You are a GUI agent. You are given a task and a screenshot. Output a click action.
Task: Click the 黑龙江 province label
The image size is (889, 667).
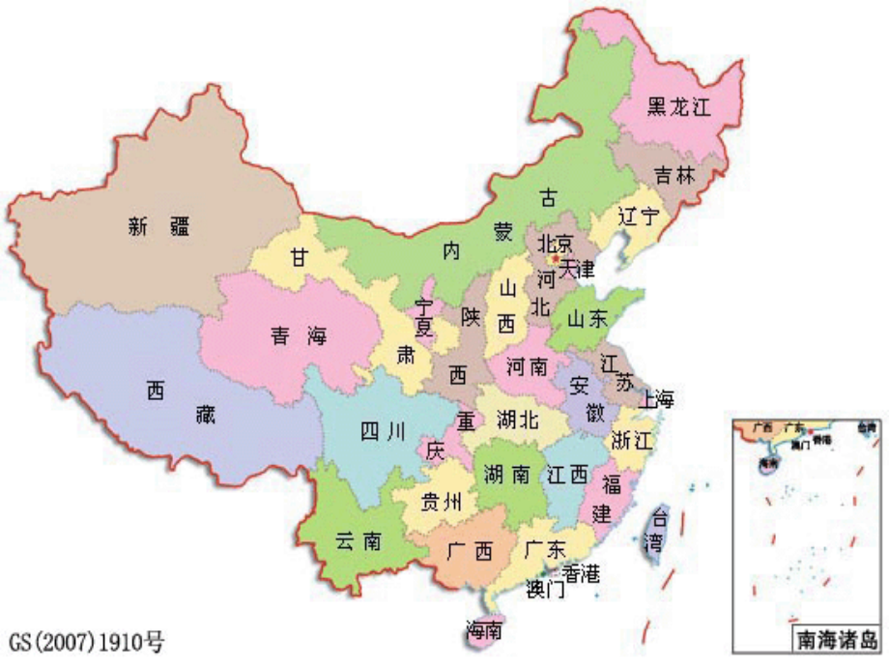[x=678, y=108]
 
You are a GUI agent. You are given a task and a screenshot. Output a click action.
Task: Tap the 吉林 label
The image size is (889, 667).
[x=674, y=176]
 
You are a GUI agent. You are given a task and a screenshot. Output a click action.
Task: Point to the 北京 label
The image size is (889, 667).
[x=556, y=243]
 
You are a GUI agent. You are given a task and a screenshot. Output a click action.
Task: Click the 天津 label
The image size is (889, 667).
[x=577, y=267]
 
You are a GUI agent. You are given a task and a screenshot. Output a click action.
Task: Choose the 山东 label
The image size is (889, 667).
[x=587, y=318]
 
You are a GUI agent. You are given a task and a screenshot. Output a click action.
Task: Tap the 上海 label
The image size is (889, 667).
[x=654, y=398]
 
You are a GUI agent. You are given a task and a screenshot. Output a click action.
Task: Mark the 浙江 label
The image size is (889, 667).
[x=633, y=442]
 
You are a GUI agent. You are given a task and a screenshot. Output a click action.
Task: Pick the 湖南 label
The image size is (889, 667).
[x=505, y=474]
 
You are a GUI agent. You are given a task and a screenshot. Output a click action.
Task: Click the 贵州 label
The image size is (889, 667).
[x=443, y=502]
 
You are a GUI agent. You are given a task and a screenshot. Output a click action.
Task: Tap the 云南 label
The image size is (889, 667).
[x=358, y=541]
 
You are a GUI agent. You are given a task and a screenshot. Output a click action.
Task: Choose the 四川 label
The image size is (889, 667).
[x=383, y=432]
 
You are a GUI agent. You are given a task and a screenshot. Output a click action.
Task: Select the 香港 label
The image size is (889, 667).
[x=581, y=573]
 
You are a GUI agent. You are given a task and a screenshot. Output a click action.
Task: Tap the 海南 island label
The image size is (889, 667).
[x=483, y=630]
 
